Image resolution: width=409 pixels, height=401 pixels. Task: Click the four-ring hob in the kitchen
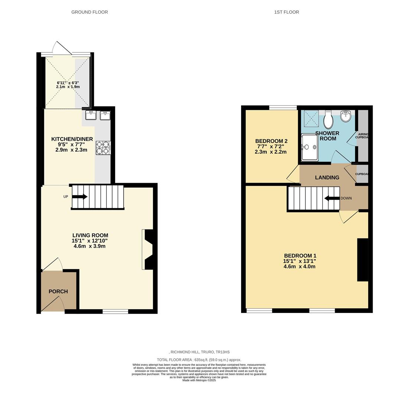tap(103, 147)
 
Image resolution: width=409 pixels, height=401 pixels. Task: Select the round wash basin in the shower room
tap(346, 116)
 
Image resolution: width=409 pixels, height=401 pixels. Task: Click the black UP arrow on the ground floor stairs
tap(79, 197)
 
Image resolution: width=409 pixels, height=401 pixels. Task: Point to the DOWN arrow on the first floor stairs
tap(332, 198)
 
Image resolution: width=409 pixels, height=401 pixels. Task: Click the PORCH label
tap(58, 291)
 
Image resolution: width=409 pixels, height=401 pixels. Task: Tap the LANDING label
tap(327, 177)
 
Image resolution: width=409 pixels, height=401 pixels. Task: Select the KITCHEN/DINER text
tap(72, 139)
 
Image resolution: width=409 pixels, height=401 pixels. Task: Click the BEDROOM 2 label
tap(271, 141)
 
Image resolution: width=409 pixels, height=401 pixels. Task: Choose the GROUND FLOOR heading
tap(90, 12)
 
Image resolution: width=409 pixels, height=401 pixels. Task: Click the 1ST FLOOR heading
tap(286, 12)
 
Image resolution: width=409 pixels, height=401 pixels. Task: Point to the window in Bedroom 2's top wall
tap(283, 108)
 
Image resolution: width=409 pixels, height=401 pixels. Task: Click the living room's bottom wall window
tap(115, 311)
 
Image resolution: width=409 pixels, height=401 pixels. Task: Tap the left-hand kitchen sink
tap(91, 115)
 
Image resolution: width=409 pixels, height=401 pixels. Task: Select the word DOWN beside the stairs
tap(346, 198)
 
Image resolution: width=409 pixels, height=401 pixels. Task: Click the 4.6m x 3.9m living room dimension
tap(90, 246)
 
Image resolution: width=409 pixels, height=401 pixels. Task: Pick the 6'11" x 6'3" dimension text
tap(68, 82)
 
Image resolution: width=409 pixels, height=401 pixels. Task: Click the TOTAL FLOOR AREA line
tap(199, 360)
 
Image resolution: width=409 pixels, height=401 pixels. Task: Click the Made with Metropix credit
tap(199, 380)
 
